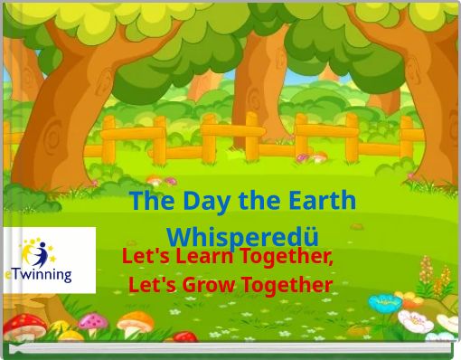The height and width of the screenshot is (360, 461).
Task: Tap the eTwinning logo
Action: click(x=49, y=261)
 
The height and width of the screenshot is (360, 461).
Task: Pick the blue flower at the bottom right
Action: click(x=386, y=303)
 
